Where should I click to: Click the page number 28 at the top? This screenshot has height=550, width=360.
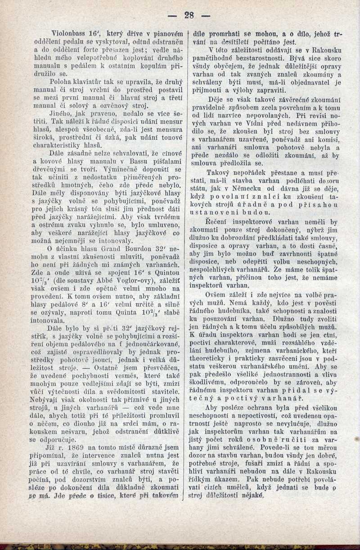189,15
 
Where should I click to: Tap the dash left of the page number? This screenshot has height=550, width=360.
171,15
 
